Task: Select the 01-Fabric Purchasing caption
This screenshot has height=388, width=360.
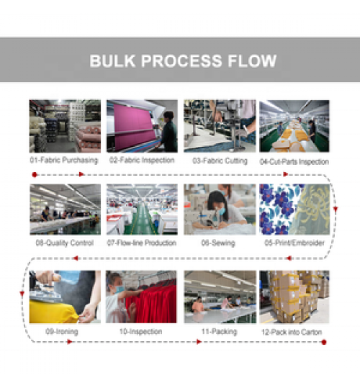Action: click(64, 160)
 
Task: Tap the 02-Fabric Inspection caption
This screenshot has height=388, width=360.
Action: click(142, 160)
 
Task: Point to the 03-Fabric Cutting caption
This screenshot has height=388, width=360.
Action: click(220, 161)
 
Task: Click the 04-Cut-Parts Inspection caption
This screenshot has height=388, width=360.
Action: click(294, 162)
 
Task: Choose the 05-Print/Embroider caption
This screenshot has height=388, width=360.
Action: click(294, 243)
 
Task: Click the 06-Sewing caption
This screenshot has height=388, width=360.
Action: click(218, 243)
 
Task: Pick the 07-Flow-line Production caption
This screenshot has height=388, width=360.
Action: click(142, 243)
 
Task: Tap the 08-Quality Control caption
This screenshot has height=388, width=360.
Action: click(65, 243)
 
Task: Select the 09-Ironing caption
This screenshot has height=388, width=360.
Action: click(62, 332)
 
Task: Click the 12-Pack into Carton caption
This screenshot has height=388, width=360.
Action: click(292, 332)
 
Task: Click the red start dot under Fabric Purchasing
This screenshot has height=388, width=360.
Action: click(35, 175)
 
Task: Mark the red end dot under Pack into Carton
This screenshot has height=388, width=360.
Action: click(324, 342)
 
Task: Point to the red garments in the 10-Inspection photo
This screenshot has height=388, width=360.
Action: click(152, 303)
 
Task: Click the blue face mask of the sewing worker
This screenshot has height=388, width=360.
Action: click(222, 211)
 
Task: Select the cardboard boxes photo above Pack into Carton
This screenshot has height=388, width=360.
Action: click(294, 297)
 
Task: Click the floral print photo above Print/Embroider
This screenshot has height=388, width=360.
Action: click(294, 209)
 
